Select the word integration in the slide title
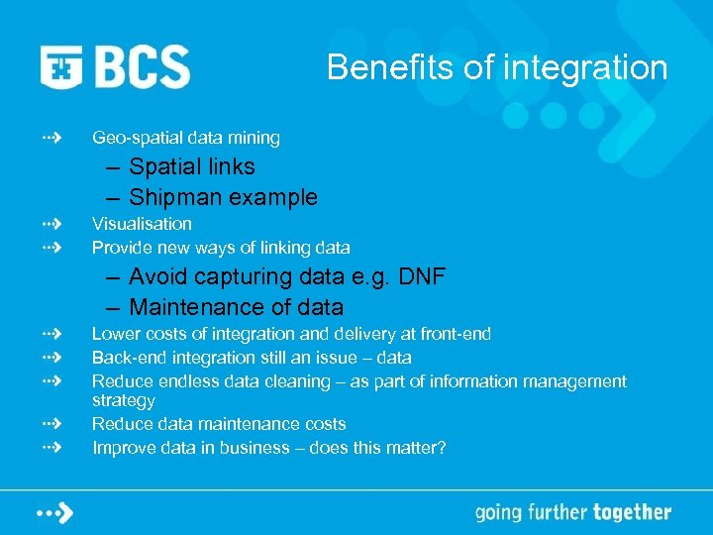585,67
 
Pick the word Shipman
175,197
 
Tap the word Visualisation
142,224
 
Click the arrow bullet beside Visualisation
52,224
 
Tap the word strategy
124,401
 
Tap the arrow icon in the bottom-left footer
55,512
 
